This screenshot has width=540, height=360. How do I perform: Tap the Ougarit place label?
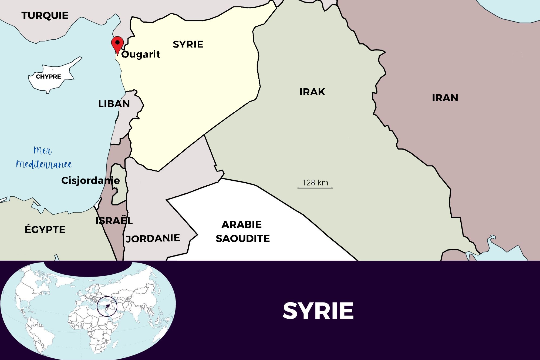(x=141, y=54)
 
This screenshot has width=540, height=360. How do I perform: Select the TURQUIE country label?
(x=45, y=15)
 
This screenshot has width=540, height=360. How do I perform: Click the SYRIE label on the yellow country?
(x=188, y=44)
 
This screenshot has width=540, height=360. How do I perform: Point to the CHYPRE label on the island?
(x=48, y=76)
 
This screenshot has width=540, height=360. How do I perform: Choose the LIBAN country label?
(x=114, y=104)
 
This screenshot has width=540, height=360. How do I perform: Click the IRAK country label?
(x=312, y=92)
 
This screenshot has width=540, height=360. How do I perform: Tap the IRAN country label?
(x=445, y=98)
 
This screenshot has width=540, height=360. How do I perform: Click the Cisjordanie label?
(x=90, y=180)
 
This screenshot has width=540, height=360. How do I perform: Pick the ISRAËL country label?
(x=114, y=221)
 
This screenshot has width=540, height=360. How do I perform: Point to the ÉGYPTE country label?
(x=45, y=230)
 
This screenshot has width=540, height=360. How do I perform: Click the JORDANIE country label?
(x=153, y=238)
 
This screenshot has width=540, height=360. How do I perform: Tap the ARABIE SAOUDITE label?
(x=242, y=231)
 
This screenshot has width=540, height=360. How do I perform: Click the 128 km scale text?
(x=315, y=183)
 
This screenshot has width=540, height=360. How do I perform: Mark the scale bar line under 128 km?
(x=315, y=188)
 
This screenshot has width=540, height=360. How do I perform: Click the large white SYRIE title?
(x=318, y=311)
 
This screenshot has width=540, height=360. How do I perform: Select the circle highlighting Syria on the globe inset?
(x=107, y=307)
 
